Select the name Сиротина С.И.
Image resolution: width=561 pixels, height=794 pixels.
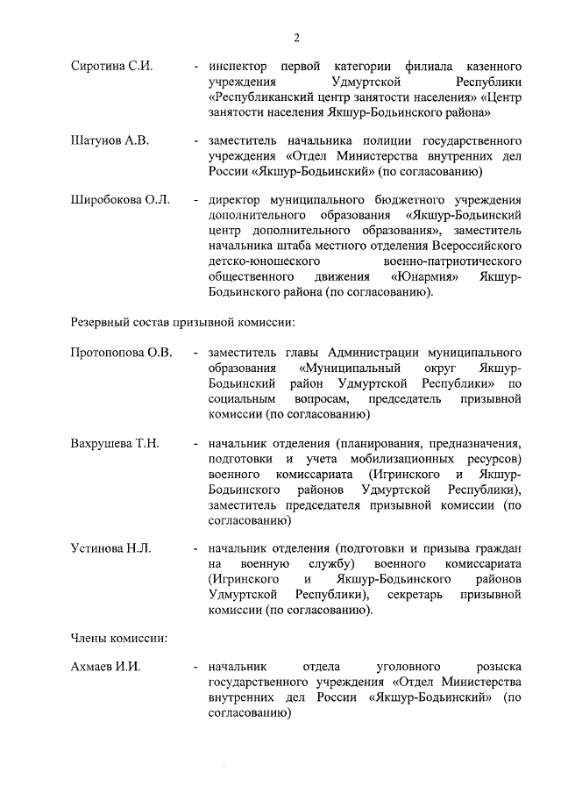click(111, 67)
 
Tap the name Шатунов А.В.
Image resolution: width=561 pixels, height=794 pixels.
click(110, 140)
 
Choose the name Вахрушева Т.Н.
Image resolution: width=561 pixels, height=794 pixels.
click(114, 442)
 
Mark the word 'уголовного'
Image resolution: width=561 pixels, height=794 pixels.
click(394, 667)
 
